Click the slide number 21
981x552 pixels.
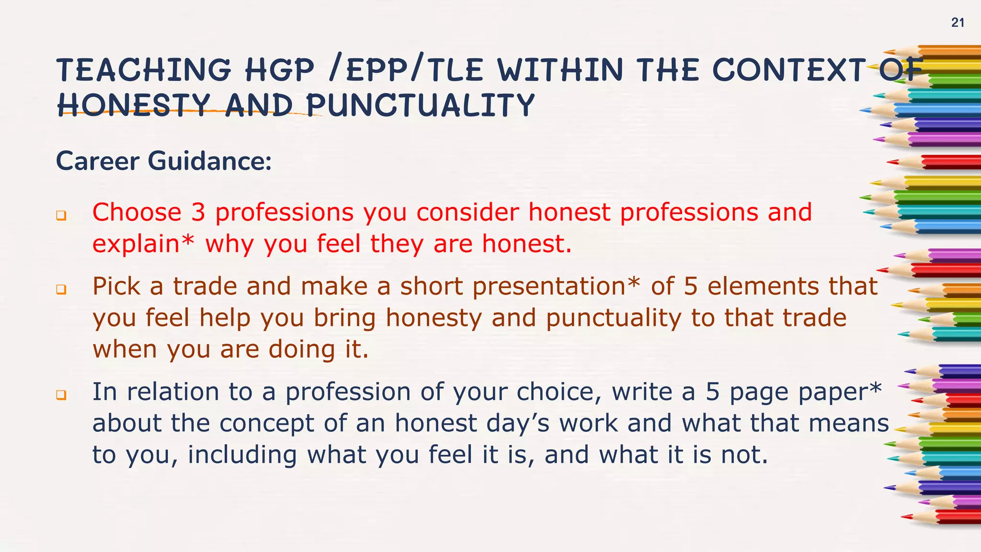click(x=958, y=23)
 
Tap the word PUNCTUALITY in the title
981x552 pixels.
click(x=420, y=105)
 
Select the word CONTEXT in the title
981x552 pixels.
click(x=789, y=70)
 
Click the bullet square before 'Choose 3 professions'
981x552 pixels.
click(x=61, y=216)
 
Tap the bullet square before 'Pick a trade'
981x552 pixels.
click(x=61, y=290)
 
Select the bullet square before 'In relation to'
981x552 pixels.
click(x=61, y=395)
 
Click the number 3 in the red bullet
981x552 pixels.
click(x=198, y=212)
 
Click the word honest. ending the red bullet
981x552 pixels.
click(x=527, y=244)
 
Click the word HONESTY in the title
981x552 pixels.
click(x=134, y=105)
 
